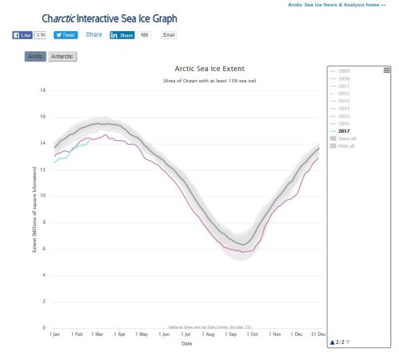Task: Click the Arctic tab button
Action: (x=35, y=57)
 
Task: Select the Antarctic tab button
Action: (x=62, y=57)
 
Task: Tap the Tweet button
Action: (x=65, y=35)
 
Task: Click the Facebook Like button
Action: (x=22, y=35)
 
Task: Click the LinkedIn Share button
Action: (x=122, y=35)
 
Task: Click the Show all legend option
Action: (x=347, y=138)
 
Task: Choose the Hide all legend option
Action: (x=347, y=145)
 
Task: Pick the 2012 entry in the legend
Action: (x=344, y=94)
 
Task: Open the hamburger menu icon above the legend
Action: (x=387, y=70)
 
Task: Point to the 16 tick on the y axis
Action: (x=42, y=116)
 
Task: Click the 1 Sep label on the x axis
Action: (x=232, y=334)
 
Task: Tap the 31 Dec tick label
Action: (x=317, y=334)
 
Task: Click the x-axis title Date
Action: (x=186, y=343)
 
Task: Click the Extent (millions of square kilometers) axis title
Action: (x=34, y=210)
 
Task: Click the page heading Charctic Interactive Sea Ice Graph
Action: (x=110, y=18)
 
